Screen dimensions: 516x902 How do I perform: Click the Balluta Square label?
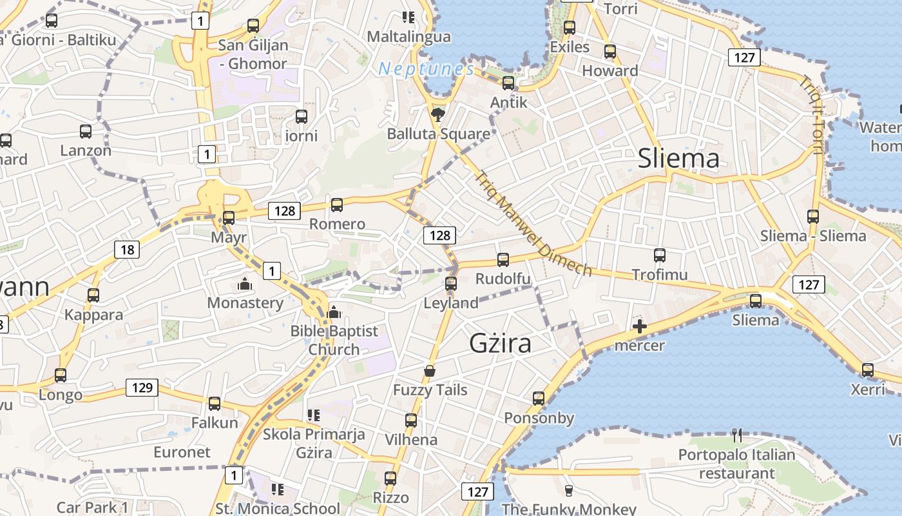(438, 134)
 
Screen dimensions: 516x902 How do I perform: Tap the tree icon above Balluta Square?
(438, 115)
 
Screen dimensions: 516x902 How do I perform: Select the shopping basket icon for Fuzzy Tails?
(430, 371)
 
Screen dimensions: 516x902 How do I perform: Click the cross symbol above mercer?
(639, 327)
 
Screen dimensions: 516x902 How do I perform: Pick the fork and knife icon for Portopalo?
(737, 435)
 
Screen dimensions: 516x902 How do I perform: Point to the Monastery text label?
(245, 303)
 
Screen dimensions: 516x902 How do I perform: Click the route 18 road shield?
(127, 250)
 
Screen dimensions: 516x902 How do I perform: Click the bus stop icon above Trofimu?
(659, 255)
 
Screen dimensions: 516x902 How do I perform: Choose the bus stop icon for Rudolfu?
(503, 260)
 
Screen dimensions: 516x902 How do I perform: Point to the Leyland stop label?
(451, 303)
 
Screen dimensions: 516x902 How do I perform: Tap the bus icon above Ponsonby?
(539, 399)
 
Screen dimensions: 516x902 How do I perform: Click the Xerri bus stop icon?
(868, 370)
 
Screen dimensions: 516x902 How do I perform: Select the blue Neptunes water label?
(426, 68)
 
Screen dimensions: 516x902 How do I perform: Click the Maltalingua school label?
(408, 37)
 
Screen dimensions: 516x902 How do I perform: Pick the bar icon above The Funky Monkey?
(568, 490)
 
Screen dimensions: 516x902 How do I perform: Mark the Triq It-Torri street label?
(811, 116)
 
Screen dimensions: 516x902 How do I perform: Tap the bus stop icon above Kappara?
(93, 295)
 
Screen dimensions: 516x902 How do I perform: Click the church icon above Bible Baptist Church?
(333, 313)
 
